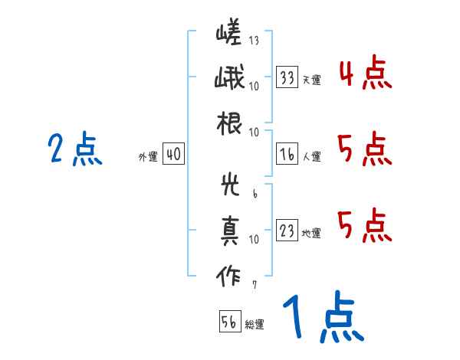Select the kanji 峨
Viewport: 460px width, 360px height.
point(229,79)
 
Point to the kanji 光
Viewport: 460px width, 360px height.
point(229,186)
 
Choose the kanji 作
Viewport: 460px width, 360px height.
point(229,276)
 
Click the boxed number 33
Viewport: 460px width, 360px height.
point(287,77)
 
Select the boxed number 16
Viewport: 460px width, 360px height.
point(287,154)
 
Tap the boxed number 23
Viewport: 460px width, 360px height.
point(287,231)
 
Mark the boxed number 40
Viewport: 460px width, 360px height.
point(173,154)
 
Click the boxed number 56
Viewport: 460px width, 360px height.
point(229,322)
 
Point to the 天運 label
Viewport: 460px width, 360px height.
point(311,80)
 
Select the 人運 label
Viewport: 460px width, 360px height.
point(311,156)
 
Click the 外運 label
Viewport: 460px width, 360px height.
point(147,156)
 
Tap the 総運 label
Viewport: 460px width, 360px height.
point(255,324)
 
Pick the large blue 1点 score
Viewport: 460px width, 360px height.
point(322,318)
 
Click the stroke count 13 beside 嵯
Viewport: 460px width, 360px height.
point(253,40)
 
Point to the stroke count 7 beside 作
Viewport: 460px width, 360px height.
point(254,285)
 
